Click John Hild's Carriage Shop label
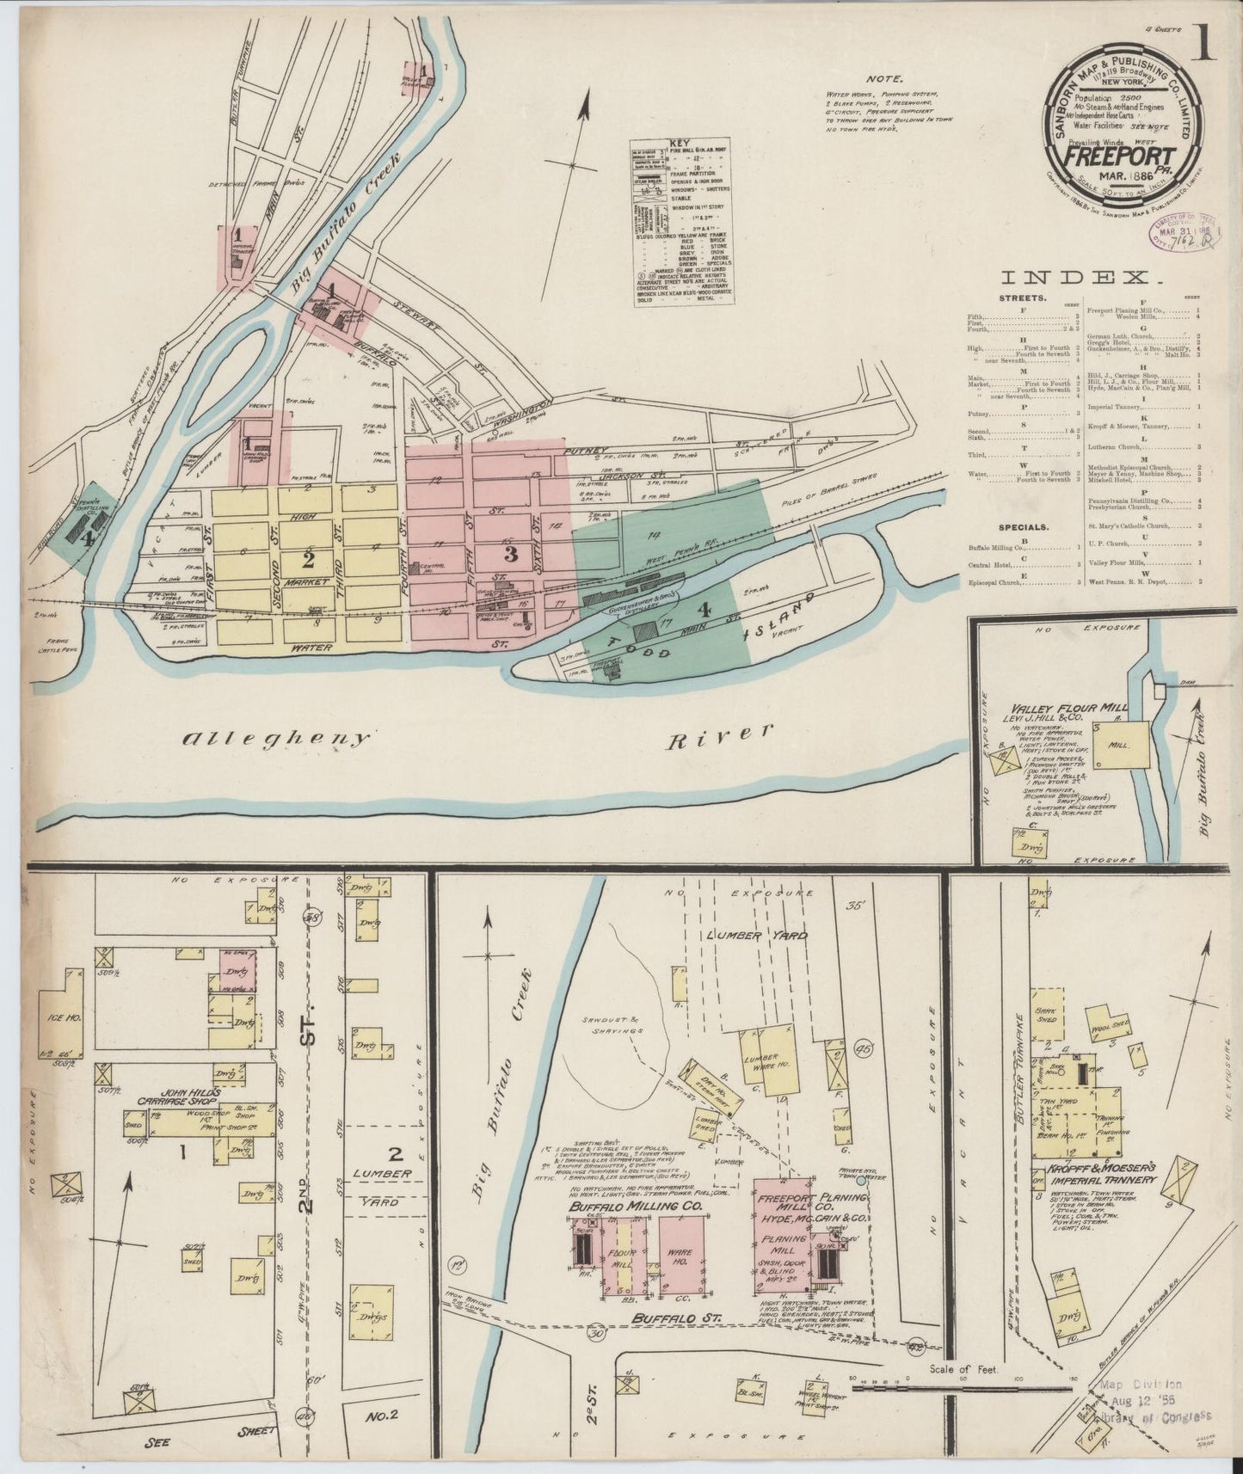pos(183,1095)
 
